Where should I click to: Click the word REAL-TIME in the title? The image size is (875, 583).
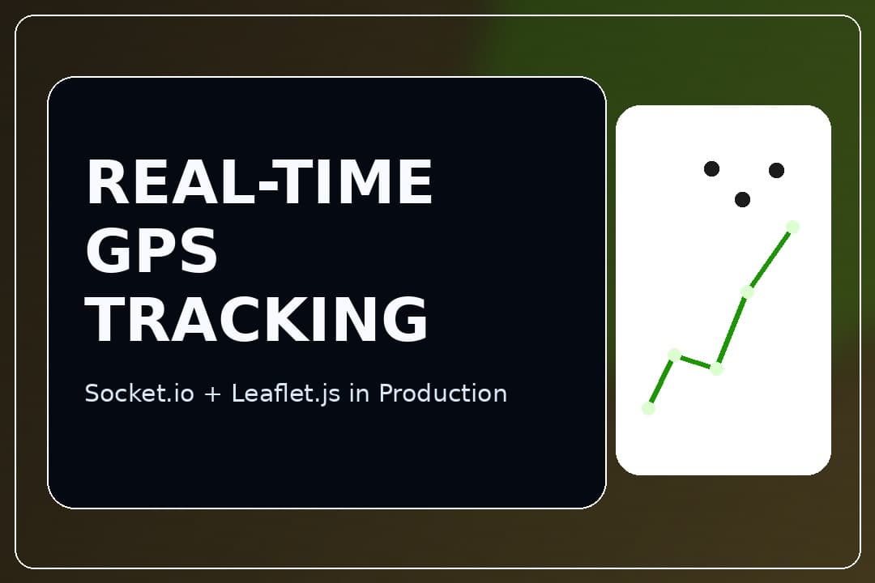(259, 182)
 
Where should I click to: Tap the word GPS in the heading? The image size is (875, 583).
(152, 251)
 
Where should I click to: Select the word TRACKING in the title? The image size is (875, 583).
(257, 320)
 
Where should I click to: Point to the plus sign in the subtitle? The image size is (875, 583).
(213, 394)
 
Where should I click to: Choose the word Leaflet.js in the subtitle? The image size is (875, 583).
(286, 394)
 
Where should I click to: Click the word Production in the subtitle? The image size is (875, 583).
(443, 394)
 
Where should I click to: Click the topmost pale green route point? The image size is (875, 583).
(792, 227)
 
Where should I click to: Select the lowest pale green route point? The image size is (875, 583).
(648, 408)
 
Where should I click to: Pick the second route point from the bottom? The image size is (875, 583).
(673, 354)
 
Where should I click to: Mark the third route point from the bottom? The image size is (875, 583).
(716, 368)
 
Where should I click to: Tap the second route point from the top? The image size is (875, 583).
(747, 291)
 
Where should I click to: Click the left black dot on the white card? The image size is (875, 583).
(711, 168)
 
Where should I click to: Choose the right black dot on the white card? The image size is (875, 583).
(776, 170)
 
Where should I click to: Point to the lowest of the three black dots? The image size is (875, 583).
(742, 199)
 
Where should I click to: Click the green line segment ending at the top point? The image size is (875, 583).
(770, 259)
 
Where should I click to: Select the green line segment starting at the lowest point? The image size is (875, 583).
(660, 381)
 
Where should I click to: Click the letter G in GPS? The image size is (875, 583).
(106, 251)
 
